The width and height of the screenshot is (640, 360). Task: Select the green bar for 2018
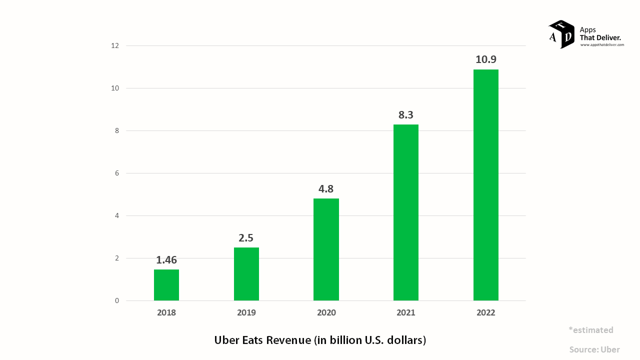[166, 285]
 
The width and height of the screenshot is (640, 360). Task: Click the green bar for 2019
[246, 274]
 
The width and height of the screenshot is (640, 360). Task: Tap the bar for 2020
[326, 249]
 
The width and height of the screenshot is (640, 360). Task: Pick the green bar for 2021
[406, 212]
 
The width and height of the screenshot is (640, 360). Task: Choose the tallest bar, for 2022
[486, 185]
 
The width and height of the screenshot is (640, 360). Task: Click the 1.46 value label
[166, 260]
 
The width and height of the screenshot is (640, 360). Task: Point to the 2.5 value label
[246, 238]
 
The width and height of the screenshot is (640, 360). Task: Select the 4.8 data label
[326, 189]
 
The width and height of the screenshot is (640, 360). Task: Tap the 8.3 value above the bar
[406, 115]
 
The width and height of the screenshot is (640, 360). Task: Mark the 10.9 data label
[486, 59]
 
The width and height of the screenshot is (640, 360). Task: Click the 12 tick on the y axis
[115, 45]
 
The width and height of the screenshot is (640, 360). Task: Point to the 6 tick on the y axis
[117, 173]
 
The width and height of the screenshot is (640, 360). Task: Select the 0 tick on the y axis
[117, 300]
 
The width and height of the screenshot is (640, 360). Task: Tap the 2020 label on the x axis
[326, 313]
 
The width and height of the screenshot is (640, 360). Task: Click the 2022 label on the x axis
[486, 313]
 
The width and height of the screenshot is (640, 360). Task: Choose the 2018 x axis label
[166, 313]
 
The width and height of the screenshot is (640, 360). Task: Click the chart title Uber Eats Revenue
[320, 340]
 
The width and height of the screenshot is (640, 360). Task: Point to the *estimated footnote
[590, 330]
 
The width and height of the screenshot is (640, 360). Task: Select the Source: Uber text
[594, 350]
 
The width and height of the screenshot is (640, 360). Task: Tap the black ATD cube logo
[561, 34]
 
